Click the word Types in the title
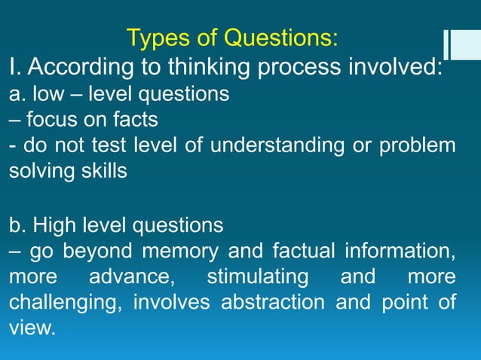click(x=155, y=37)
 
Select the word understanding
click(x=271, y=145)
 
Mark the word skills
click(x=104, y=170)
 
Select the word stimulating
click(x=257, y=276)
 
